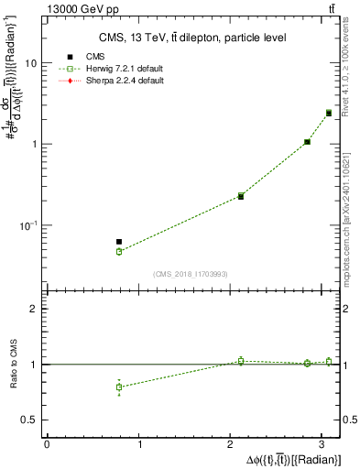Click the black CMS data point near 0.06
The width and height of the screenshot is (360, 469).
(119, 242)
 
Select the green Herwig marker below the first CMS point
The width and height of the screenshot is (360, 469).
(119, 251)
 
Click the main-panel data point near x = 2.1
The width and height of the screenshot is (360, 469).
(241, 196)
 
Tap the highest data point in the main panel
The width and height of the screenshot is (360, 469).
(329, 113)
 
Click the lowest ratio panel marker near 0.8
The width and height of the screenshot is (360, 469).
(119, 387)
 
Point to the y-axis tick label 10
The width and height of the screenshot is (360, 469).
(30, 64)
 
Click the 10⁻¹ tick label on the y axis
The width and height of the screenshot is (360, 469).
(27, 225)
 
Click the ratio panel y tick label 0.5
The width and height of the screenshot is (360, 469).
(30, 420)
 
